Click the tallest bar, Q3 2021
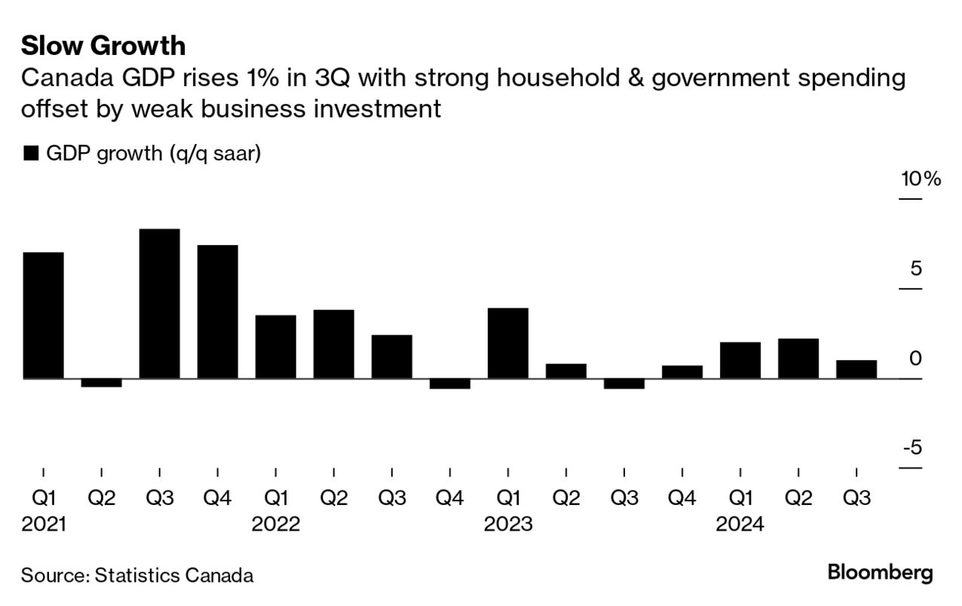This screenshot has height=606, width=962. (160, 303)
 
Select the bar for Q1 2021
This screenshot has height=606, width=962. (44, 315)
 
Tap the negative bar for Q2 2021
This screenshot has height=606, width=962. (102, 383)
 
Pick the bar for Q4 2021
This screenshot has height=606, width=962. (218, 311)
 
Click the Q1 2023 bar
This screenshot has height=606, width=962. (508, 343)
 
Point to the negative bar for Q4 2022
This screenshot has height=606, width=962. (450, 384)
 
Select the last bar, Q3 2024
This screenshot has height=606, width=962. (856, 369)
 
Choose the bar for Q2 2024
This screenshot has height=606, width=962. (798, 358)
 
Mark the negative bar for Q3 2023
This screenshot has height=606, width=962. (624, 384)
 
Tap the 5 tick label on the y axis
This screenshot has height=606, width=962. (916, 269)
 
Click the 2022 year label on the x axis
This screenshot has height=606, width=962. (276, 524)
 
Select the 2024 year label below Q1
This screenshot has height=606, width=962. (740, 524)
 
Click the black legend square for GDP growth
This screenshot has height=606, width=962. (31, 154)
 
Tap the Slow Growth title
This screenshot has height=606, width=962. (103, 46)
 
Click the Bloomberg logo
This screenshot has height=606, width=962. (880, 572)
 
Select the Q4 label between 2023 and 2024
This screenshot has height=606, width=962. (682, 498)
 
